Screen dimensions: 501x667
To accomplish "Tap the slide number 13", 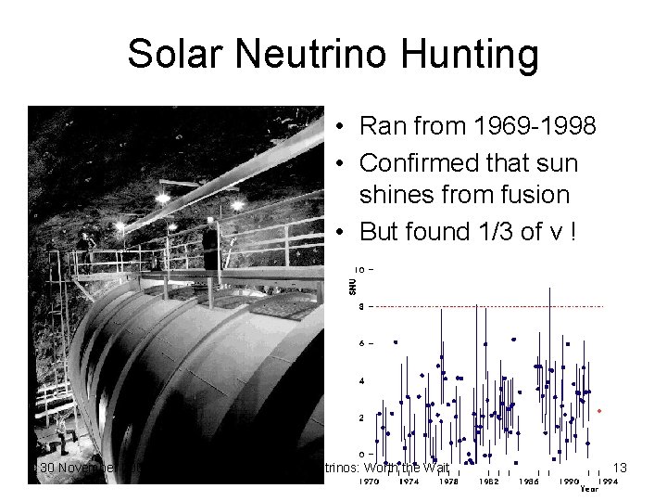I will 620,468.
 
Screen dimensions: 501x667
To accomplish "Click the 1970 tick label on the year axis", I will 370,482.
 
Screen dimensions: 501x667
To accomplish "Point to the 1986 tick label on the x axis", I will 527,482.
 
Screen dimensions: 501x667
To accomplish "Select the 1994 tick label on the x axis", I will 607,482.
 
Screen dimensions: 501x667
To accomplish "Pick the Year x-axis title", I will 589,490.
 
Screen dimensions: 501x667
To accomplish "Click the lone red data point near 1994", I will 600,410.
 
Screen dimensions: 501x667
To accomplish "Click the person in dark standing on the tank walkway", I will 210,247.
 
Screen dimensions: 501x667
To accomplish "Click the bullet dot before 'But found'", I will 342,232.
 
